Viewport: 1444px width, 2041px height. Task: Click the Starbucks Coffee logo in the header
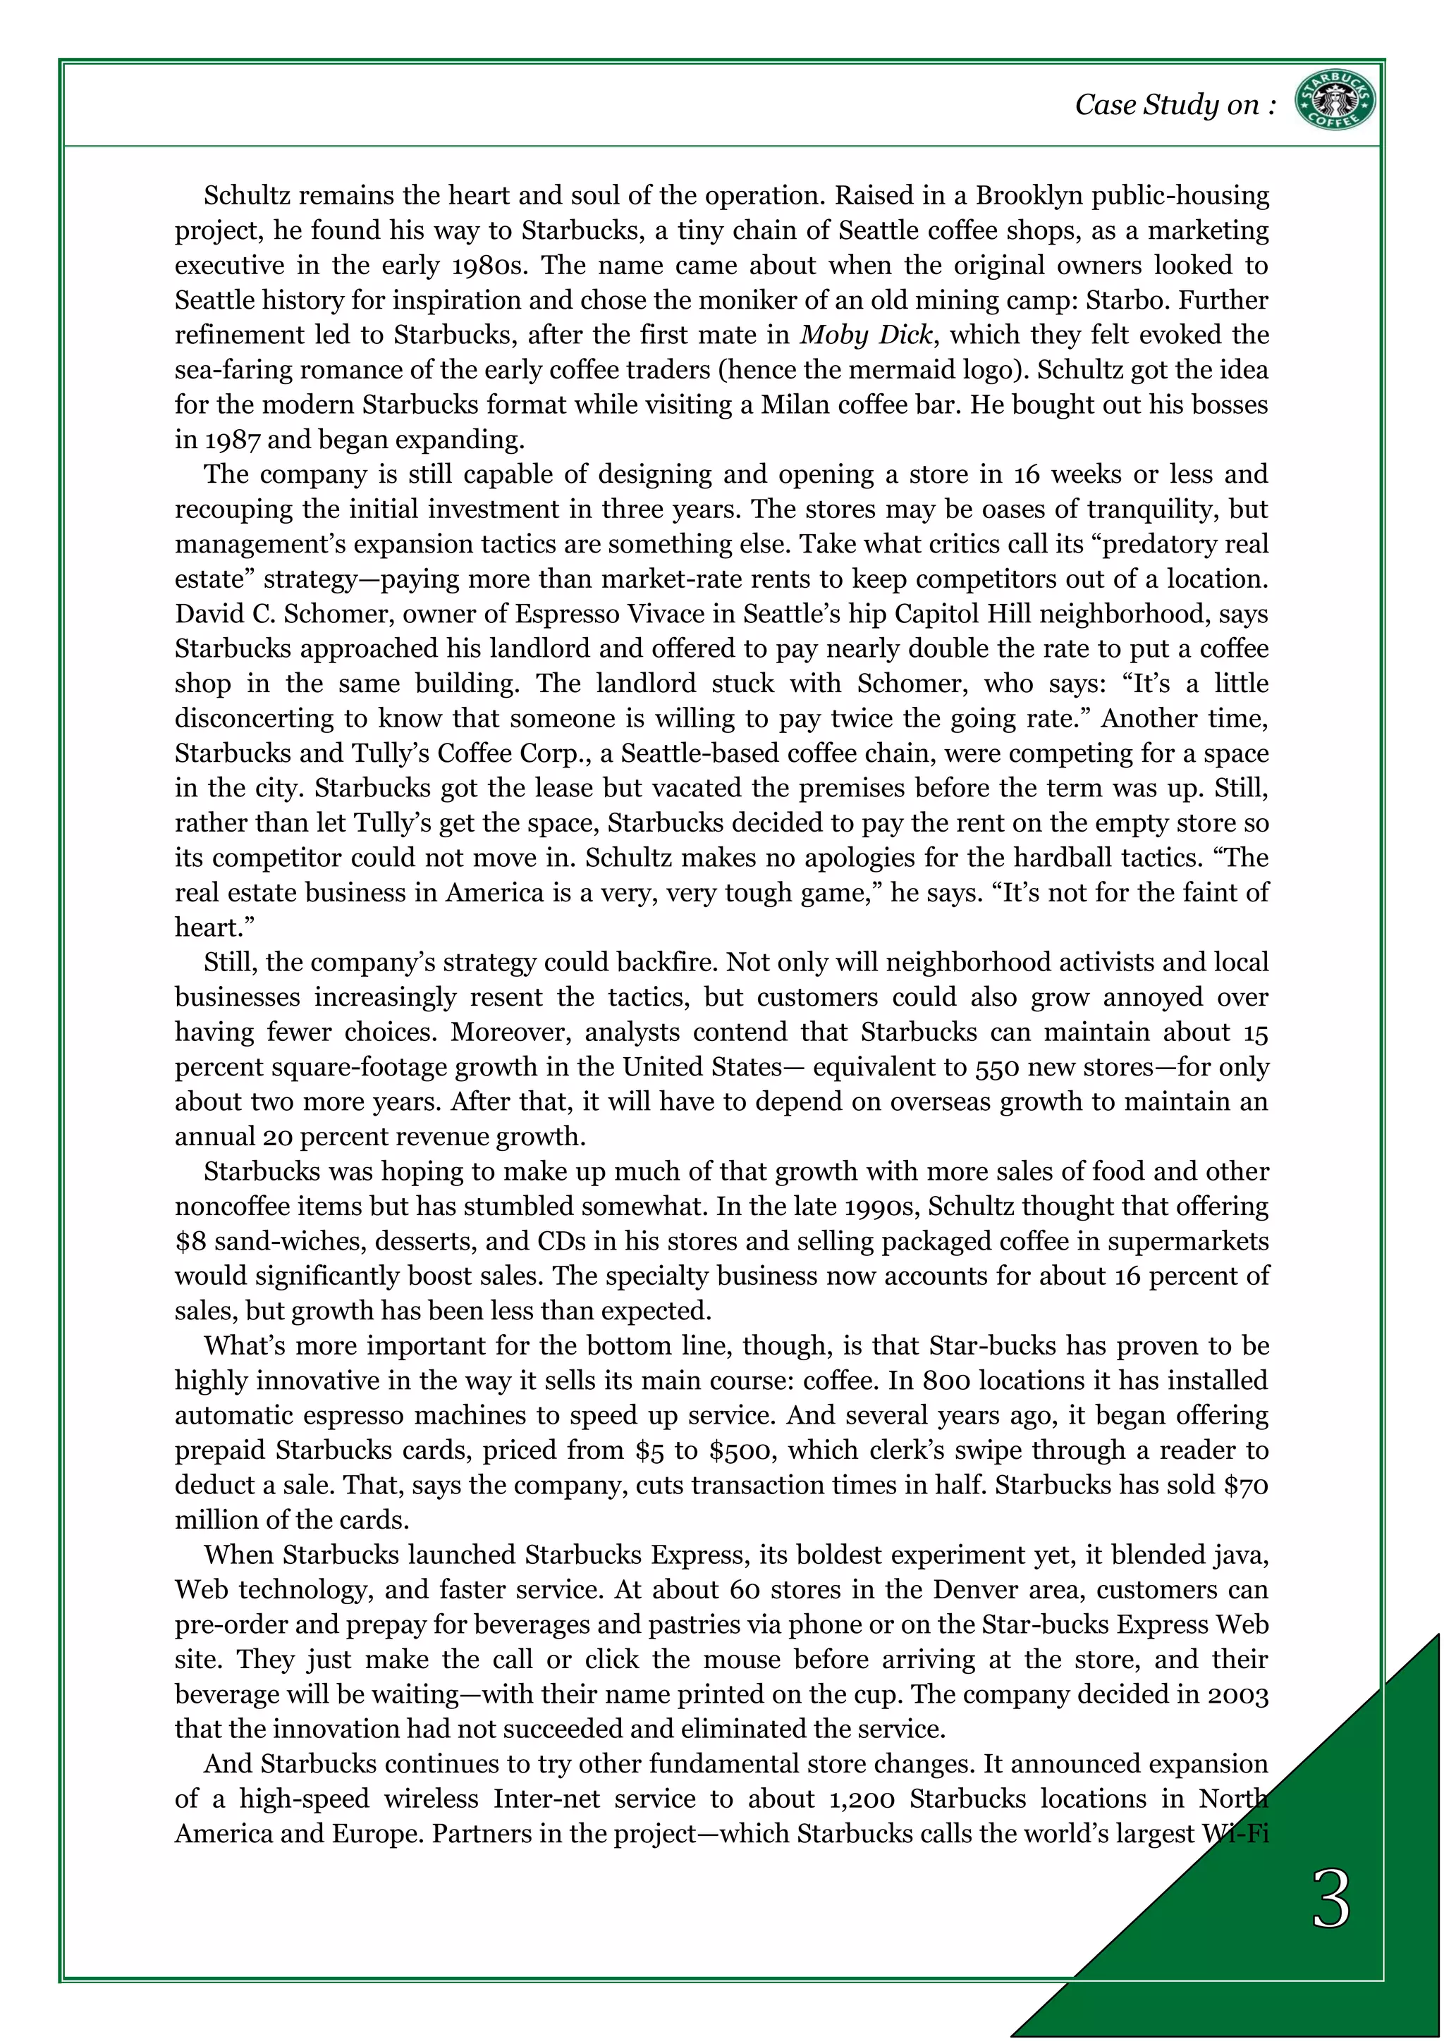(x=1334, y=101)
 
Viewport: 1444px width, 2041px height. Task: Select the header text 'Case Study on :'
(x=1175, y=105)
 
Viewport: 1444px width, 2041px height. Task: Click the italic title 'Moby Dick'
(x=866, y=335)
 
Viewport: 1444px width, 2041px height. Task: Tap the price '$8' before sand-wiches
(x=190, y=1241)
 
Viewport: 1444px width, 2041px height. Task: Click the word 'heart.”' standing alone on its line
(x=214, y=928)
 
